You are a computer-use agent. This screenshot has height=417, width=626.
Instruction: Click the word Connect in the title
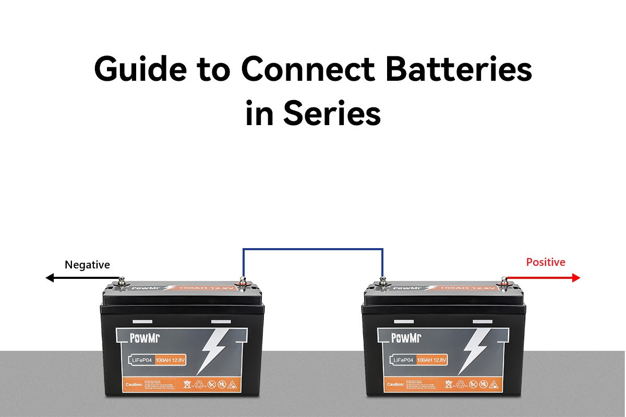pyautogui.click(x=308, y=69)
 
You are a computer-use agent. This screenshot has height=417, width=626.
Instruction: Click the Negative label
pyautogui.click(x=87, y=265)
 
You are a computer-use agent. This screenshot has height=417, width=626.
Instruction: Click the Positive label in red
pyautogui.click(x=545, y=262)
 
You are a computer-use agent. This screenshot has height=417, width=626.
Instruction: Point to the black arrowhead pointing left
pyautogui.click(x=50, y=278)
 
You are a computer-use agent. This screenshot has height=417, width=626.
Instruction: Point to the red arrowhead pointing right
pyautogui.click(x=576, y=278)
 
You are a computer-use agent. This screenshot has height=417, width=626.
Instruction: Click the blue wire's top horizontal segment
pyautogui.click(x=313, y=249)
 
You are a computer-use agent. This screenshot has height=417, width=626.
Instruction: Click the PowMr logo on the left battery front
pyautogui.click(x=144, y=338)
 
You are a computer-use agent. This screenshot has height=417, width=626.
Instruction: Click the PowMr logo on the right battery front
pyautogui.click(x=406, y=338)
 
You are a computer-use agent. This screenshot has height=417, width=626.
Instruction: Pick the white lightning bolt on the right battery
pyautogui.click(x=475, y=349)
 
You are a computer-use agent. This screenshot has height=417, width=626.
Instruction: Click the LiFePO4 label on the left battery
pyautogui.click(x=141, y=360)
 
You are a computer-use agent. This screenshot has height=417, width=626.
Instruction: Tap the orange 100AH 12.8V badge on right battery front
pyautogui.click(x=432, y=360)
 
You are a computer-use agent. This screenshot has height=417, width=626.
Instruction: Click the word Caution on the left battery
pyautogui.click(x=135, y=385)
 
